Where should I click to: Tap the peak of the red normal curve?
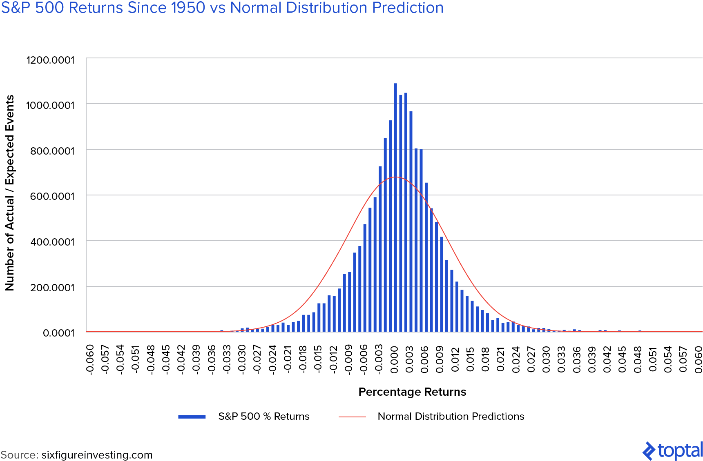pos(396,177)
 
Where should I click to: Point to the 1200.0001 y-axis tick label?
pos(50,60)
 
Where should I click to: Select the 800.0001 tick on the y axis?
pos(52,151)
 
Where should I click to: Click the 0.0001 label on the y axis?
pos(58,333)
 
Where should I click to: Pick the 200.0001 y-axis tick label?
pos(52,288)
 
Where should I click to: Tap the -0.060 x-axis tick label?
pos(90,359)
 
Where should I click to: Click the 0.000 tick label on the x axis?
pos(394,359)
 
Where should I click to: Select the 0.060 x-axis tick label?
pos(699,359)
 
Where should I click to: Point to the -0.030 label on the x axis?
pos(242,359)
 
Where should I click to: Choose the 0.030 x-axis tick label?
pos(546,359)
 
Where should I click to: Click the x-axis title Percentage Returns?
pos(412,392)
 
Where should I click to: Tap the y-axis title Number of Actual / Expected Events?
pos(10,193)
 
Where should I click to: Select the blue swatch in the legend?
pos(192,417)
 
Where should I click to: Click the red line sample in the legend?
pos(352,417)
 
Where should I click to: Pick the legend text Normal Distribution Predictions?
pos(451,417)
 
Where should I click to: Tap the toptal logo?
pos(672,451)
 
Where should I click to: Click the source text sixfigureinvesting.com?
pos(97,455)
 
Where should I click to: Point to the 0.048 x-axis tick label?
pos(638,359)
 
